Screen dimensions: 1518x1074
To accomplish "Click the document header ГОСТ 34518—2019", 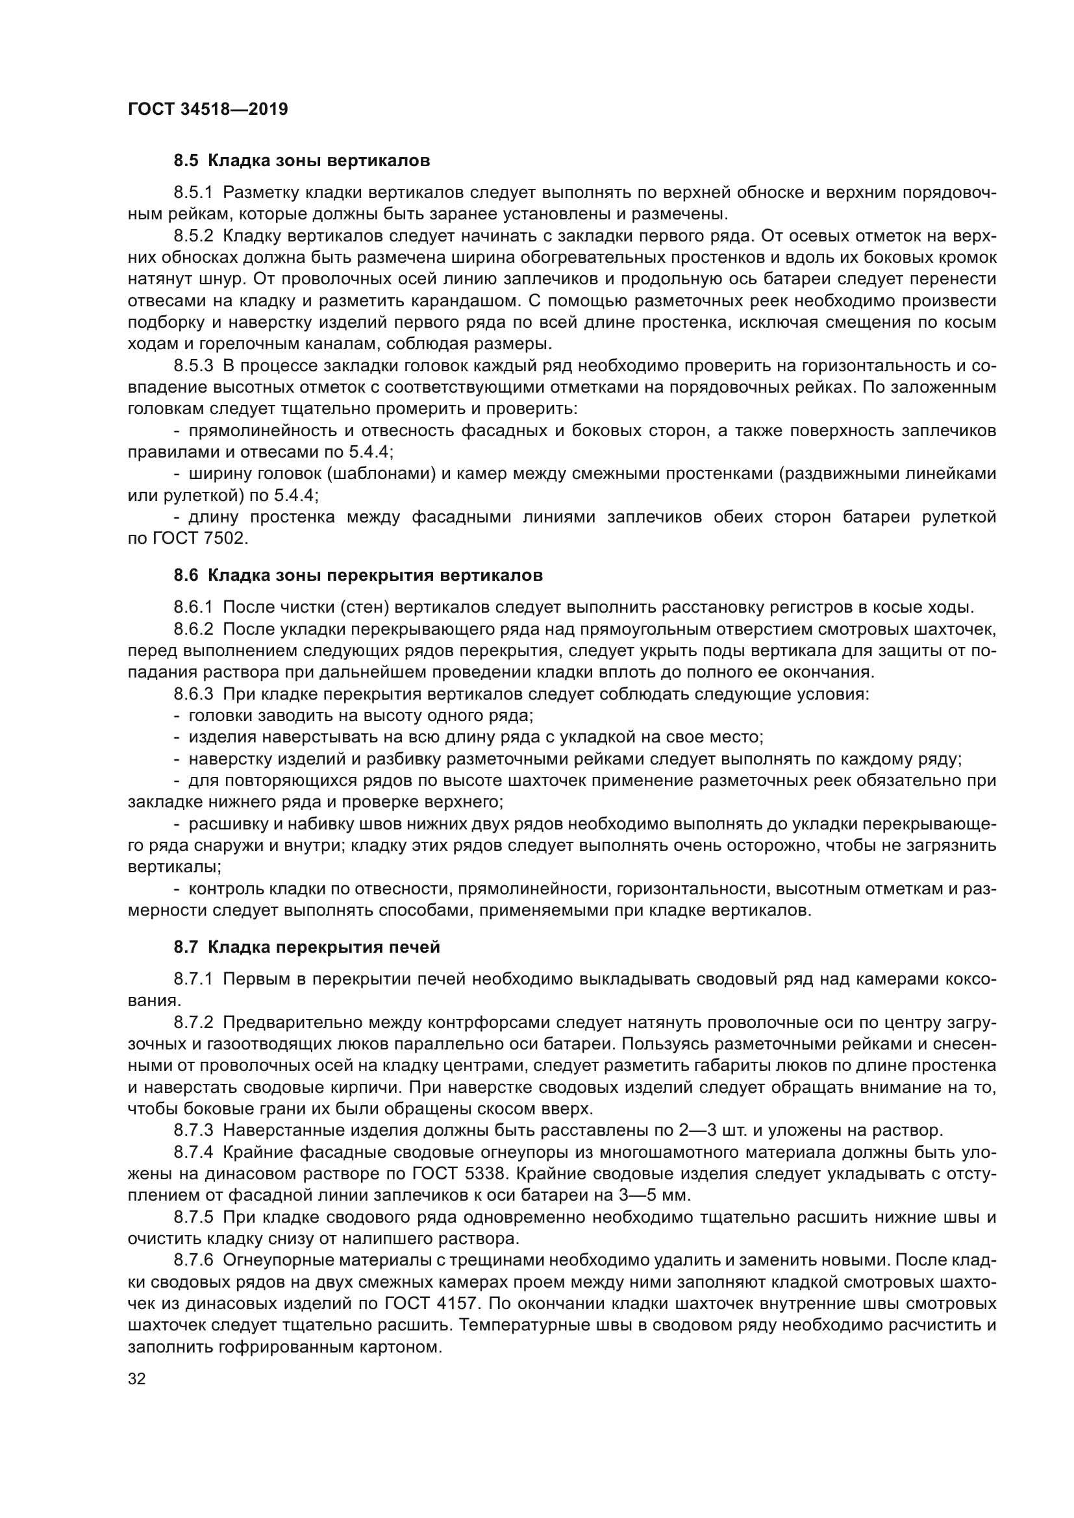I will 208,110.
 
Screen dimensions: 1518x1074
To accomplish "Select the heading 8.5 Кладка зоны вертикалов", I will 301,161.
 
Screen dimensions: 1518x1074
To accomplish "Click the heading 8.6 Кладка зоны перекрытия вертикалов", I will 358,575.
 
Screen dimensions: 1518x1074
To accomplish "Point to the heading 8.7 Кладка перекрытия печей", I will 307,948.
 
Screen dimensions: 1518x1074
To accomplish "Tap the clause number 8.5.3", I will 193,365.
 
